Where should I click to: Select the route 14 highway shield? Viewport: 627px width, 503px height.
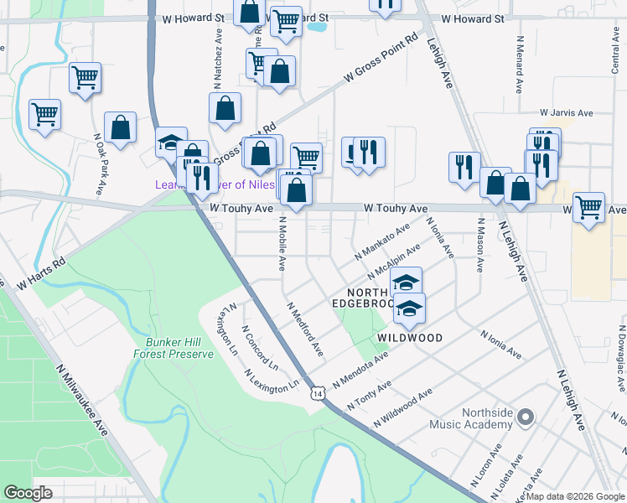tap(317, 392)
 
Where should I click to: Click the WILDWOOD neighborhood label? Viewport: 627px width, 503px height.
tap(410, 338)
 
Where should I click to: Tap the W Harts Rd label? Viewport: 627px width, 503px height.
tap(40, 274)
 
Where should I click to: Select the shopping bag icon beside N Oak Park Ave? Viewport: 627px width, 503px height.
tap(121, 127)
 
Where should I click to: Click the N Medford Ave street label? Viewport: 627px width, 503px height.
tap(304, 329)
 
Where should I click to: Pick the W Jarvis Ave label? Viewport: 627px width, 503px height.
tap(567, 112)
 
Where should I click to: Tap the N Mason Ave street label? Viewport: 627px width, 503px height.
tap(480, 245)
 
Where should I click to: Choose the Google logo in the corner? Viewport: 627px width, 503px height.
tap(28, 493)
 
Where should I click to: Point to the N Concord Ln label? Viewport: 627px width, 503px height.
tap(260, 349)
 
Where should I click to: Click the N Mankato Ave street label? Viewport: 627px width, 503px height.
tap(382, 240)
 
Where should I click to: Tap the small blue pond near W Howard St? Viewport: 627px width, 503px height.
tap(317, 26)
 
